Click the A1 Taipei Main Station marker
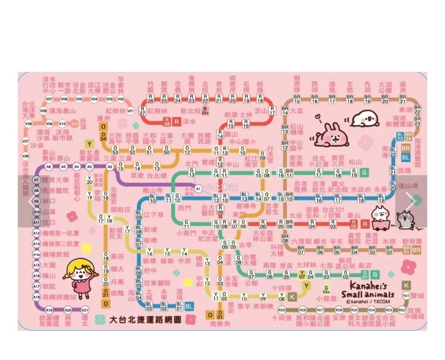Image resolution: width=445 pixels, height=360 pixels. click(198, 188)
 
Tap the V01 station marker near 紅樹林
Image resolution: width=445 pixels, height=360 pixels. click(130, 111)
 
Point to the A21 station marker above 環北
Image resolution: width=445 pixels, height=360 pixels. click(85, 310)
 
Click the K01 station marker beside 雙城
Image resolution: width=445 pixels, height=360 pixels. click(406, 295)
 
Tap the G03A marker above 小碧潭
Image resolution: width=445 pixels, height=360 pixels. click(326, 290)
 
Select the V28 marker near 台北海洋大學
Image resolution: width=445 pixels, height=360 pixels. click(29, 123)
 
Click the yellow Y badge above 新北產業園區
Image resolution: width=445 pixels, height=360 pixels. click(89, 143)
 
